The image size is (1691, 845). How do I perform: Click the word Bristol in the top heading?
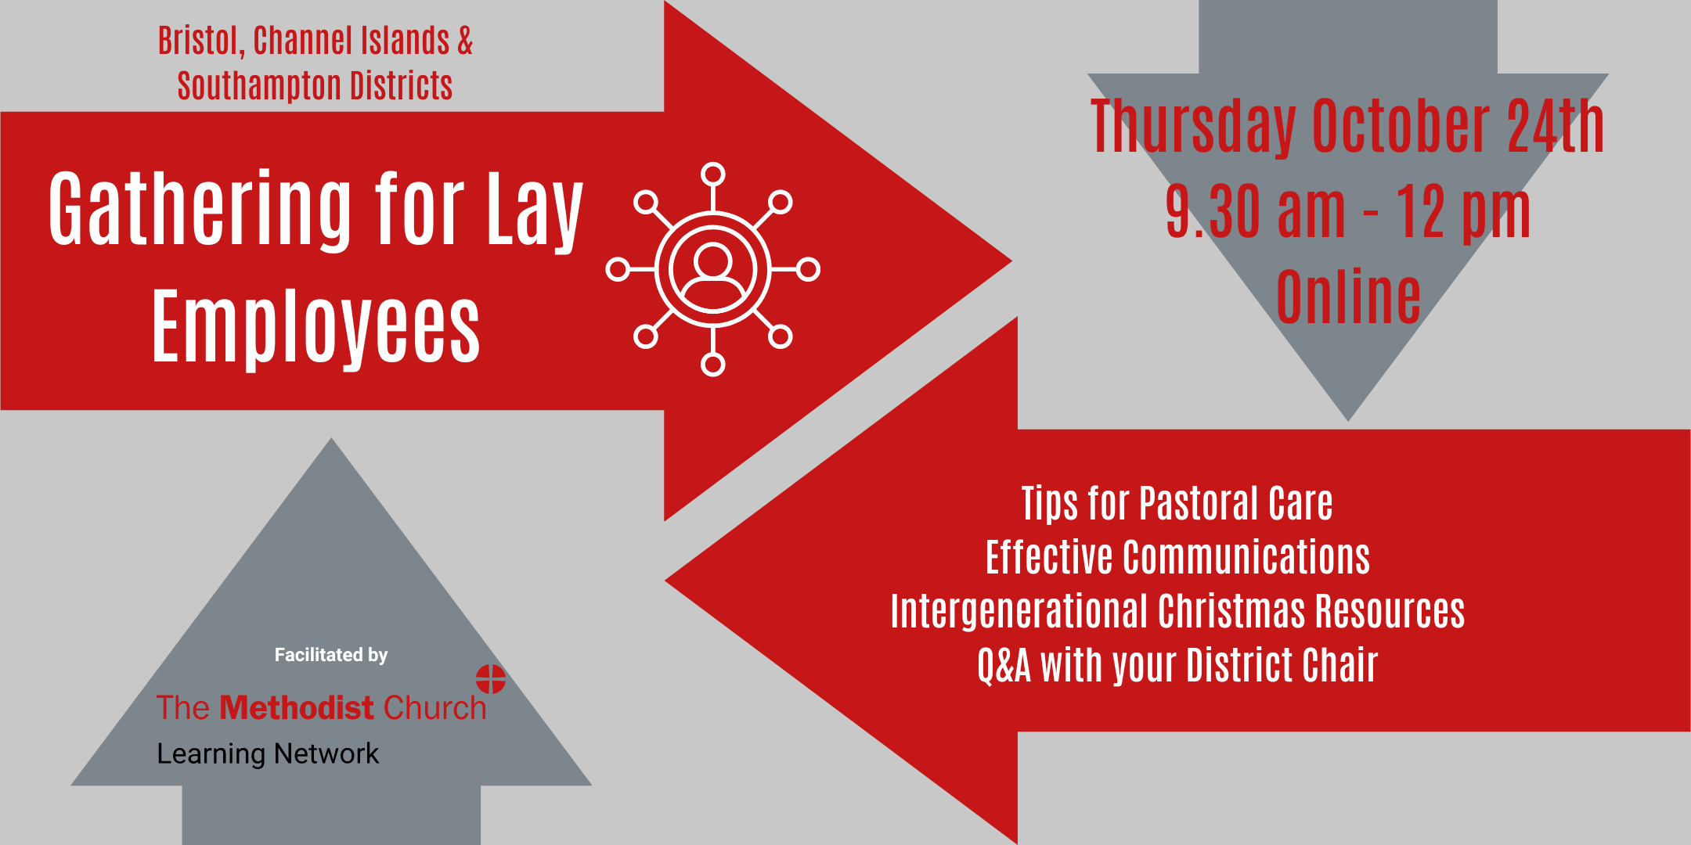pyautogui.click(x=201, y=41)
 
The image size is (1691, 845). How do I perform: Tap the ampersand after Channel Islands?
pyautogui.click(x=465, y=41)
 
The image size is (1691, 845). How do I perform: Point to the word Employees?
pyautogui.click(x=315, y=327)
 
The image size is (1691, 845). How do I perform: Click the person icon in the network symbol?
pyautogui.click(x=712, y=275)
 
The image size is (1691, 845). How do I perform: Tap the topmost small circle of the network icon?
pyautogui.click(x=712, y=174)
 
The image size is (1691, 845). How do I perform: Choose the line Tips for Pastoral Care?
pyautogui.click(x=1177, y=503)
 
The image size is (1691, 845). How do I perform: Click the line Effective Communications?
pyautogui.click(x=1177, y=557)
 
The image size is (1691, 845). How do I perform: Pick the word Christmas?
pyautogui.click(x=1231, y=611)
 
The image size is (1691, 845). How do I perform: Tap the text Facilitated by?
pyautogui.click(x=331, y=655)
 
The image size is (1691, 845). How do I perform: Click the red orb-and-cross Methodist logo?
pyautogui.click(x=491, y=679)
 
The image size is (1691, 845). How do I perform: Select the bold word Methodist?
pyautogui.click(x=297, y=707)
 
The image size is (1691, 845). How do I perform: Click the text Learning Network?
pyautogui.click(x=268, y=753)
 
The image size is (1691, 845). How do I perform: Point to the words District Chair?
pyautogui.click(x=1282, y=665)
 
